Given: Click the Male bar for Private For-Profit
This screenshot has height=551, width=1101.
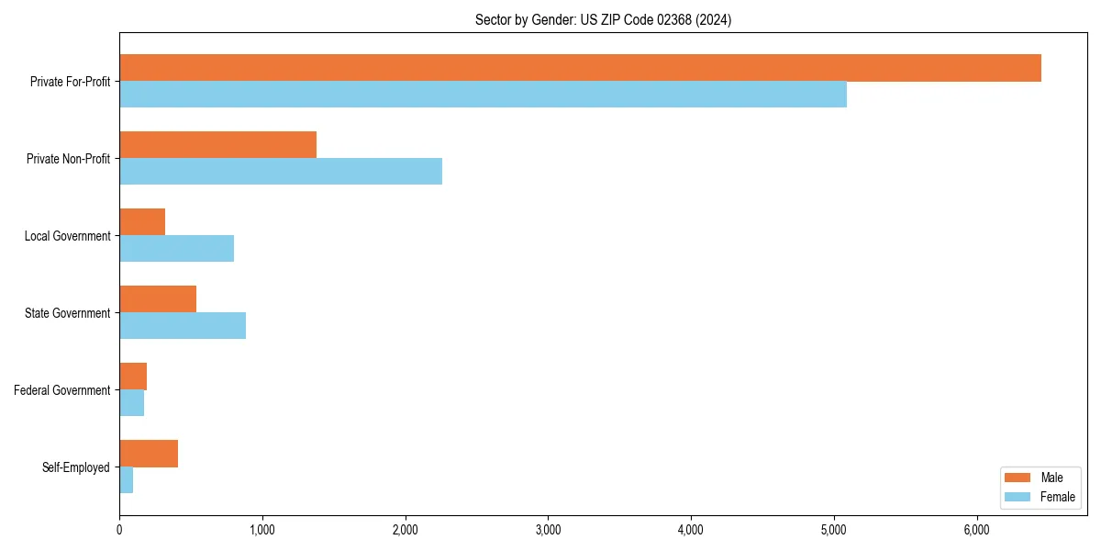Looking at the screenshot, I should [x=580, y=68].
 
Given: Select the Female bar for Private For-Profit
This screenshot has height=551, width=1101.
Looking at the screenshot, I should [x=483, y=95].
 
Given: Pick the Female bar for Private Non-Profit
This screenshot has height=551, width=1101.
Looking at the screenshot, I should [x=281, y=172].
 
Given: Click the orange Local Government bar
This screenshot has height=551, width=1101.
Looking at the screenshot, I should [x=142, y=222].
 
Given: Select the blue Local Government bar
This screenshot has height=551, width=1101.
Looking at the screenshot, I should [x=176, y=249].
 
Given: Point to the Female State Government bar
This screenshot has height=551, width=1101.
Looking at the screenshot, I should [x=183, y=326].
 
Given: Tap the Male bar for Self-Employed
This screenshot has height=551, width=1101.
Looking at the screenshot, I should [x=149, y=454].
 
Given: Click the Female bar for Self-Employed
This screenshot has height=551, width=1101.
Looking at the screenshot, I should [x=127, y=480].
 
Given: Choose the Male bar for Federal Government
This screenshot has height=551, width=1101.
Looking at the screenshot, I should [x=133, y=377].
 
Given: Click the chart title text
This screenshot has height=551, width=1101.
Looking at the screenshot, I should [x=603, y=19].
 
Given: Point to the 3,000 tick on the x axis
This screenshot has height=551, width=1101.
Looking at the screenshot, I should [x=548, y=529].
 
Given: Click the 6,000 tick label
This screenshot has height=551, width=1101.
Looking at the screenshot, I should [x=976, y=529].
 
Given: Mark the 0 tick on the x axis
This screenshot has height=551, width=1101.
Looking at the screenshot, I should [x=119, y=529].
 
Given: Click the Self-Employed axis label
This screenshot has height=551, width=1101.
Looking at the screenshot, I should [x=76, y=467].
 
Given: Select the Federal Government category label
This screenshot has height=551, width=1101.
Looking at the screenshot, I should [x=62, y=390].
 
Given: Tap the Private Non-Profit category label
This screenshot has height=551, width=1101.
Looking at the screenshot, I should [x=68, y=159].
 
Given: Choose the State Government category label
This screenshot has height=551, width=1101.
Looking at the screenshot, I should [x=67, y=313].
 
